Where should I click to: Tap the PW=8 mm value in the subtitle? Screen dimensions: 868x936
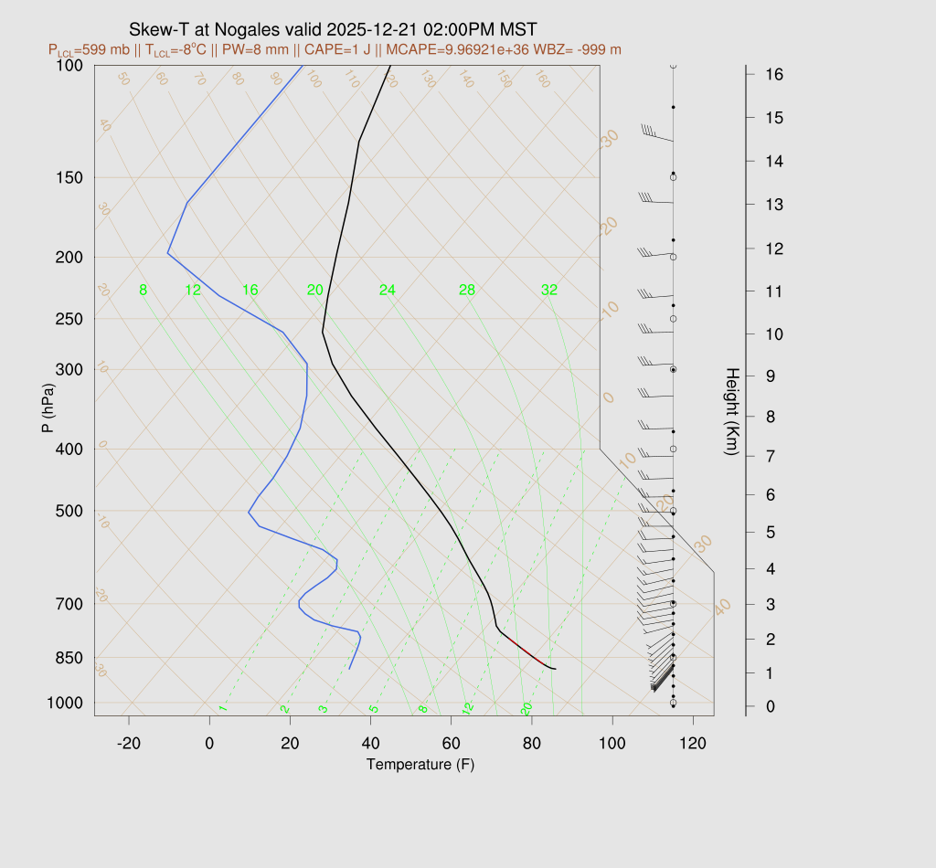280,49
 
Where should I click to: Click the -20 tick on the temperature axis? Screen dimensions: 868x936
129,744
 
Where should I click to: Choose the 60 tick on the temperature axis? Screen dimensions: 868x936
452,744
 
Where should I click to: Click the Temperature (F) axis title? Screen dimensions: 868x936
420,765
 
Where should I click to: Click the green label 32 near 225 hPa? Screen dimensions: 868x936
549,291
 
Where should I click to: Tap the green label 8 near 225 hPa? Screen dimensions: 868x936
143,291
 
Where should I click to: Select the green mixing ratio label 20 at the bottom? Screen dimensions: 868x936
526,708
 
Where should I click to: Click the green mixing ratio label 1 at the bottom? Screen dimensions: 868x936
222,708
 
